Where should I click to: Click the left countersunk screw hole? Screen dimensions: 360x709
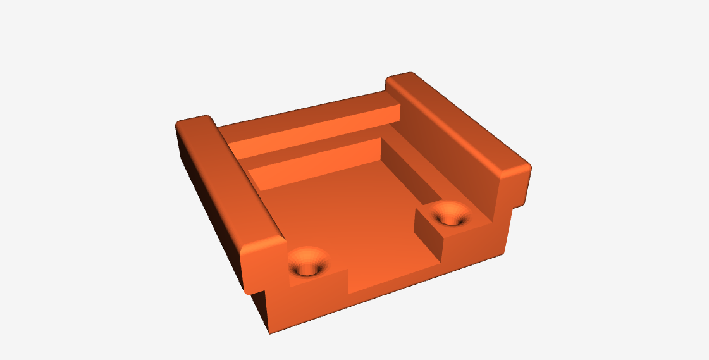tap(308, 263)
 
